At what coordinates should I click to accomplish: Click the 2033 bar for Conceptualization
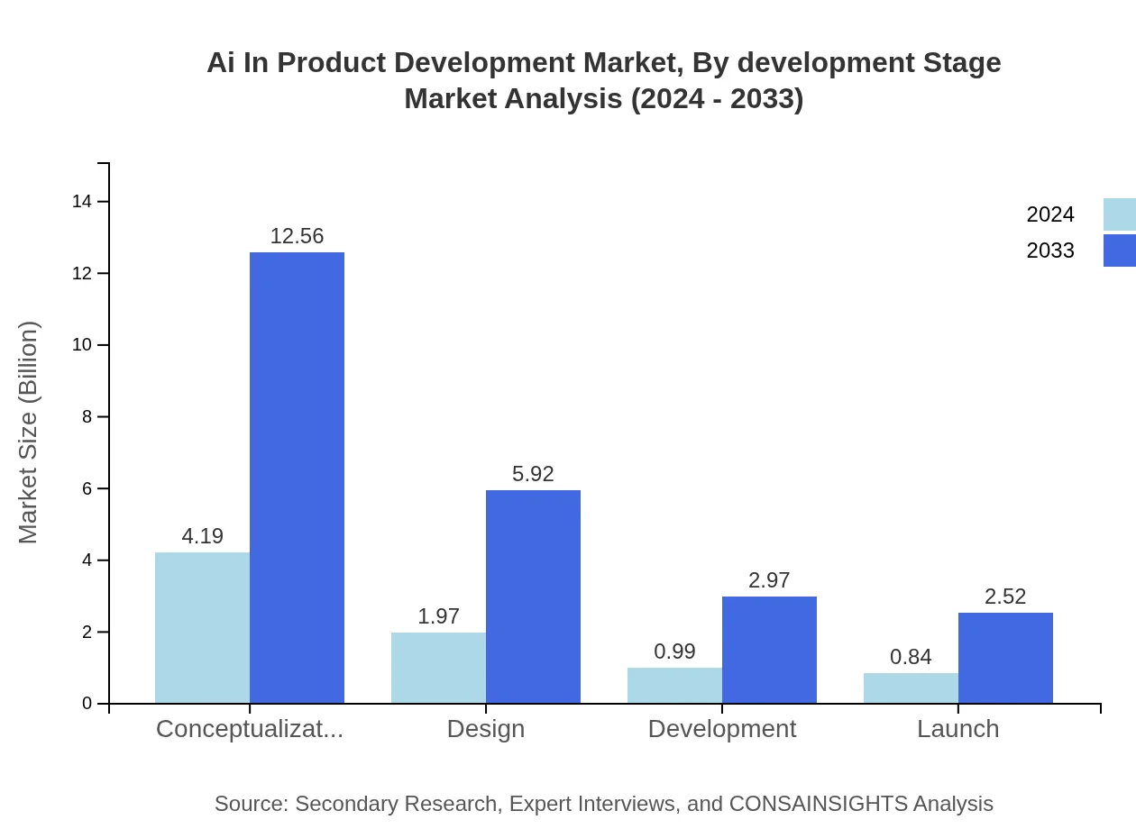tap(297, 478)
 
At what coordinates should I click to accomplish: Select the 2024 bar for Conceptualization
tap(202, 627)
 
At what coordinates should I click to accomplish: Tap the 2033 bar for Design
tap(533, 597)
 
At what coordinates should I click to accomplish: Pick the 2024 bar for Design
tap(438, 668)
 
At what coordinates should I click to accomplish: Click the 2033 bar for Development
tap(769, 650)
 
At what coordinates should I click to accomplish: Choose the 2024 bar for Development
tap(674, 686)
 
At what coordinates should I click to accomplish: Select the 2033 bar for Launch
tap(1005, 658)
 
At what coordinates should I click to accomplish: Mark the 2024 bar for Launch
tap(911, 688)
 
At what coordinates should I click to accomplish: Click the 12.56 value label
tap(297, 236)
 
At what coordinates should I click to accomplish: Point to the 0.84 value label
tap(911, 657)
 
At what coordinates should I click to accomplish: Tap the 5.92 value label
tap(533, 474)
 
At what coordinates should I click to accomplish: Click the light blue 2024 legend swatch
tap(1119, 214)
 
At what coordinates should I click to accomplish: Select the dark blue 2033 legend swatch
tap(1119, 251)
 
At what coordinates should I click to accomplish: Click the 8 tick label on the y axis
tap(87, 417)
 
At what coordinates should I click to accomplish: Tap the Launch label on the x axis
tap(957, 729)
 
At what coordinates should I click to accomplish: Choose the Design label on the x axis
tap(485, 729)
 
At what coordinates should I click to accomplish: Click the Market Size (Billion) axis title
tap(29, 433)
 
